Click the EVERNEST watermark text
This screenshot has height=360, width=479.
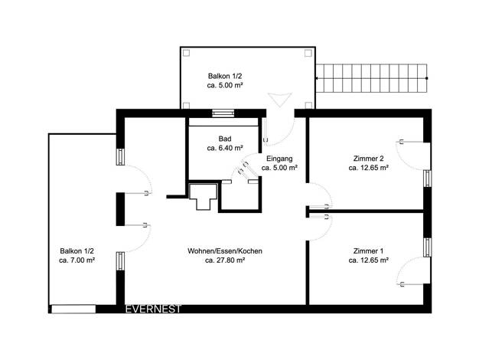[153, 309]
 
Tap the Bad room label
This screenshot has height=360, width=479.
[225, 139]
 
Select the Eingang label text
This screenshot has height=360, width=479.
[279, 159]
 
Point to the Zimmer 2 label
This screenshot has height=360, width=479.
[368, 159]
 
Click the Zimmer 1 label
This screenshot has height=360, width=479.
[368, 251]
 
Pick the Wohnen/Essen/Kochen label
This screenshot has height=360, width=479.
[225, 251]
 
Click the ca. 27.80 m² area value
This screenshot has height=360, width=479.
[225, 260]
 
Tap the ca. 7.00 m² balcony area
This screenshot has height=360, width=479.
[77, 260]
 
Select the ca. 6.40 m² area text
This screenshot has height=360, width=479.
[225, 149]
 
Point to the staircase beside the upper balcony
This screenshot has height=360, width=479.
[371, 78]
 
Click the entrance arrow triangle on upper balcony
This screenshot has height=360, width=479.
[279, 100]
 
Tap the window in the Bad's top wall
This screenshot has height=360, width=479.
[223, 113]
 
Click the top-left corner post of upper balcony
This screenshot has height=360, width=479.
[186, 53]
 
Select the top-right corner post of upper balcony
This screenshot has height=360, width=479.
[308, 53]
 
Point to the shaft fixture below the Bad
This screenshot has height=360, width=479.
[203, 196]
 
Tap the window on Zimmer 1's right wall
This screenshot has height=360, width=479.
[428, 247]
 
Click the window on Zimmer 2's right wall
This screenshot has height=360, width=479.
[428, 178]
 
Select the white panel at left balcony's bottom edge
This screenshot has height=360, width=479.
[73, 309]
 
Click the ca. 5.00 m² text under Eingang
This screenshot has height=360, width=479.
[279, 168]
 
